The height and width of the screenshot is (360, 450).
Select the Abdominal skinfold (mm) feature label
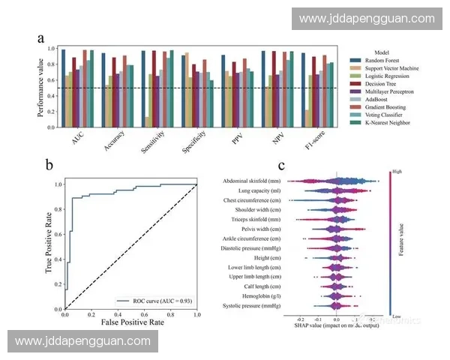click(253, 181)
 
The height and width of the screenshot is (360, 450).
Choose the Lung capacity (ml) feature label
click(259, 190)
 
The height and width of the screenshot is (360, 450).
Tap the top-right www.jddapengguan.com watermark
click(366, 19)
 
